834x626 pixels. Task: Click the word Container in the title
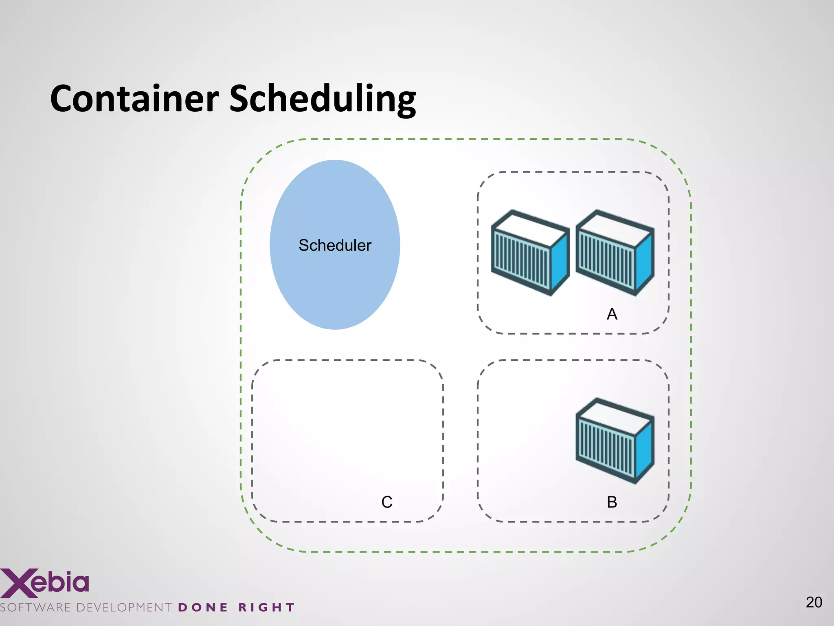134,99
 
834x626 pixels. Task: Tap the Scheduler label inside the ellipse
335,245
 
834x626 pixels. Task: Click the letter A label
612,314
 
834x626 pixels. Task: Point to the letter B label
612,502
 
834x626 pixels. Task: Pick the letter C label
387,502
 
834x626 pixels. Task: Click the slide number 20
814,602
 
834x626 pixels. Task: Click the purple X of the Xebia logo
18,583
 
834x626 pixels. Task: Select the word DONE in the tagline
203,608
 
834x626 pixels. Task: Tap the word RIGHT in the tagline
266,608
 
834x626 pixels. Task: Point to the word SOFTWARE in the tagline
36,608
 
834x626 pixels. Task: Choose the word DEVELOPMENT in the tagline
124,608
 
